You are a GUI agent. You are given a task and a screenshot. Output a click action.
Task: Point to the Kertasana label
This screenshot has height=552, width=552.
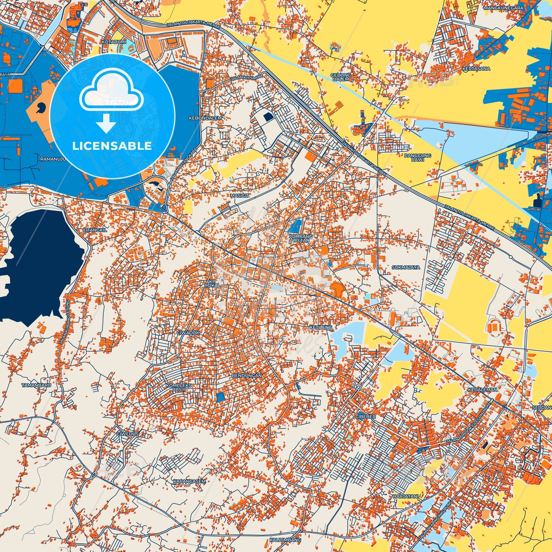(476, 69)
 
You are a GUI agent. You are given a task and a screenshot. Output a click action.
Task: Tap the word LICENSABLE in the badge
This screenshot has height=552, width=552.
(112, 146)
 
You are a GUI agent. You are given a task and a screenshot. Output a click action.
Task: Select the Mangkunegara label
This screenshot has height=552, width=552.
(507, 8)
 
